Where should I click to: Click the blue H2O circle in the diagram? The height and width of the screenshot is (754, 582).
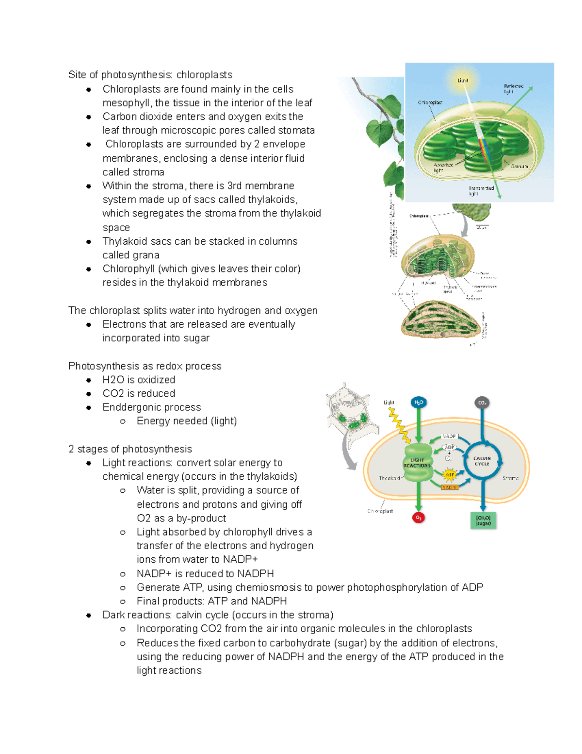418,402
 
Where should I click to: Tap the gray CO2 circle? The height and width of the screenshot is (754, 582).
482,402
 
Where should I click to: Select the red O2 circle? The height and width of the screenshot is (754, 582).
418,518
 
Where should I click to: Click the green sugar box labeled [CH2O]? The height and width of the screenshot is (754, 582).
483,520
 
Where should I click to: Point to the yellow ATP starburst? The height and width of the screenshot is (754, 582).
450,474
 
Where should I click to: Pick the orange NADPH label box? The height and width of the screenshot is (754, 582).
450,487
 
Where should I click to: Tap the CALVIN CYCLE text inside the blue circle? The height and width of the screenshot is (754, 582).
482,461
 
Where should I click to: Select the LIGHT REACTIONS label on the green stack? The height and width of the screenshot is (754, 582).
417,463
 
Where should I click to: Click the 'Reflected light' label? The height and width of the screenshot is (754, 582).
513,88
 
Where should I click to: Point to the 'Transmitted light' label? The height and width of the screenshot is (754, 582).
481,190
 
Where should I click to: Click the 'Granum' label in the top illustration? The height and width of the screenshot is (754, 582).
519,166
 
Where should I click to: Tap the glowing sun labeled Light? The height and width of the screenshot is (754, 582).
463,81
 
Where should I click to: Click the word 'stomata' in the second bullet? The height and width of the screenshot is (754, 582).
296,130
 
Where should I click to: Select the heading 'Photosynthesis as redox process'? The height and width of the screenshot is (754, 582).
145,366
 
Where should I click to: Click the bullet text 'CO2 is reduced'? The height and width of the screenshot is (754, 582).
139,393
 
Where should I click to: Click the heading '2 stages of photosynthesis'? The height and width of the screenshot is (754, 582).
130,449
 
